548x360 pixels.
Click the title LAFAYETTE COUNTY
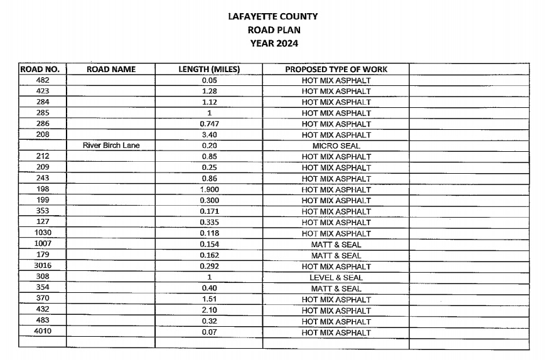[273, 16]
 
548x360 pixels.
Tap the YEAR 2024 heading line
[273, 43]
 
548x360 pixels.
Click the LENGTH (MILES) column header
[210, 69]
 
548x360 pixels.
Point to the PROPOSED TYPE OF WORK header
[336, 69]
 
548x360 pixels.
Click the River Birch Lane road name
[111, 146]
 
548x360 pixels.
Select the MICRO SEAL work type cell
[336, 146]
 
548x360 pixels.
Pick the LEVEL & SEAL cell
[336, 277]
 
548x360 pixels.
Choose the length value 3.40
[210, 135]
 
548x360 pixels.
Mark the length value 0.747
[210, 124]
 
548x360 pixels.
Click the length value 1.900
[210, 190]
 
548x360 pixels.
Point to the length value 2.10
[210, 310]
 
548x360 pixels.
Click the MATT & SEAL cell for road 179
[336, 255]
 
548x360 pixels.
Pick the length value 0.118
[210, 233]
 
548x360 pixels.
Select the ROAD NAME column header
[111, 69]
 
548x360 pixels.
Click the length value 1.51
[210, 299]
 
